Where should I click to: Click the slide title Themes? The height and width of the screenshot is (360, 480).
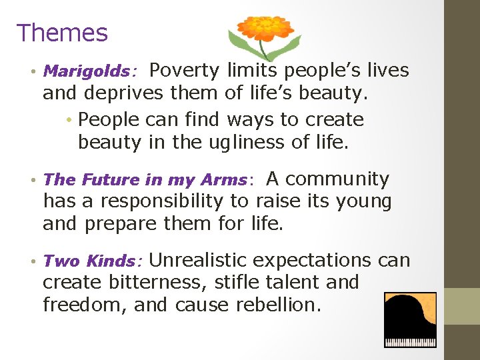coord(61,33)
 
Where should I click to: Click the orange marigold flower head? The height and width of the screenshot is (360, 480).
coord(265,29)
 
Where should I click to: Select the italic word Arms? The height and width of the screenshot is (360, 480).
coord(227,180)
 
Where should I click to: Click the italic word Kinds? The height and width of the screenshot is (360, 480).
coord(111,261)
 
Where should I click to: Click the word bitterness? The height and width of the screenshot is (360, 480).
coord(153,283)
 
